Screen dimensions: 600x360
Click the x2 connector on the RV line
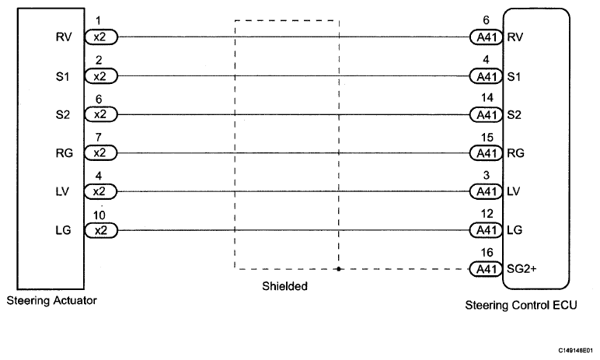pos(100,37)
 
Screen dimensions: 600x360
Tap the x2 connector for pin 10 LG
pos(100,230)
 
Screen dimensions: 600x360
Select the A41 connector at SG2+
pos(486,269)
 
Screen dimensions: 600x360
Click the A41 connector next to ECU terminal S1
pos(486,76)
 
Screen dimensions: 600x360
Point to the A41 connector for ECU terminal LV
pos(486,191)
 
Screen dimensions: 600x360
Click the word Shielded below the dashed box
pos(284,286)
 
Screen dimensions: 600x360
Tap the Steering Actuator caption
pos(51,300)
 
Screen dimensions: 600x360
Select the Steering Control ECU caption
pos(521,305)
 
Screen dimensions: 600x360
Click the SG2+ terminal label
pos(522,269)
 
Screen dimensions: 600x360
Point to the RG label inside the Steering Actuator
pos(64,153)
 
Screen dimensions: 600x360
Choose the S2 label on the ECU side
pos(514,115)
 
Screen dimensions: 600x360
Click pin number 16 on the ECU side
pos(487,253)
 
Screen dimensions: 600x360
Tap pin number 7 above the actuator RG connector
pos(99,137)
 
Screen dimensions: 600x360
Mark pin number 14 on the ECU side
pos(487,98)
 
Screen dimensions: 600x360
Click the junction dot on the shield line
pos(339,269)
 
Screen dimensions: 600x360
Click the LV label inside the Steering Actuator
pos(62,191)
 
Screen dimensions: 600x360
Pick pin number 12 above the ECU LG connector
pos(487,214)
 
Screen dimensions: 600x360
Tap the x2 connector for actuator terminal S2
pos(100,114)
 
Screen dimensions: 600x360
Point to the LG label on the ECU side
pos(515,230)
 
